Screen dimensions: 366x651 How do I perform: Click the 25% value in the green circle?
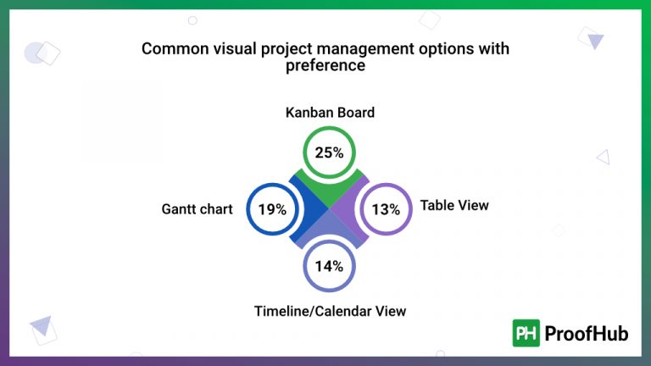(329, 152)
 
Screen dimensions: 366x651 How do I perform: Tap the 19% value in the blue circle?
(272, 209)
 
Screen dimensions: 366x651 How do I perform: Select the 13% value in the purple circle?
(386, 209)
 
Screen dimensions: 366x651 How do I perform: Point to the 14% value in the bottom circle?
(329, 266)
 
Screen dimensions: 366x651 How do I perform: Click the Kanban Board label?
(330, 113)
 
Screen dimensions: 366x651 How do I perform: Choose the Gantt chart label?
(197, 209)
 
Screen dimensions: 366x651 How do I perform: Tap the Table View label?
(454, 205)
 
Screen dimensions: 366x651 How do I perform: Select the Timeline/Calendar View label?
(330, 311)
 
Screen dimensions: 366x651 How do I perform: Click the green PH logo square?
(526, 333)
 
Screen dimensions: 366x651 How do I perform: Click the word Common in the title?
(172, 48)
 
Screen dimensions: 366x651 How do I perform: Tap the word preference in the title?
(325, 65)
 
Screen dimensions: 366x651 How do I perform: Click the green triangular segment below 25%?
(329, 187)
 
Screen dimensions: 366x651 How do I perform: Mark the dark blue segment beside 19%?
(308, 209)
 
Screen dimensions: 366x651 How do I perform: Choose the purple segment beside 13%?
(350, 209)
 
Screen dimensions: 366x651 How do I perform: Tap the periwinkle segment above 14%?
(329, 231)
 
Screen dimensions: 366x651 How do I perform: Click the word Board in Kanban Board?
(356, 113)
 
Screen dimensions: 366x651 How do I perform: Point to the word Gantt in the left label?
(180, 209)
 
